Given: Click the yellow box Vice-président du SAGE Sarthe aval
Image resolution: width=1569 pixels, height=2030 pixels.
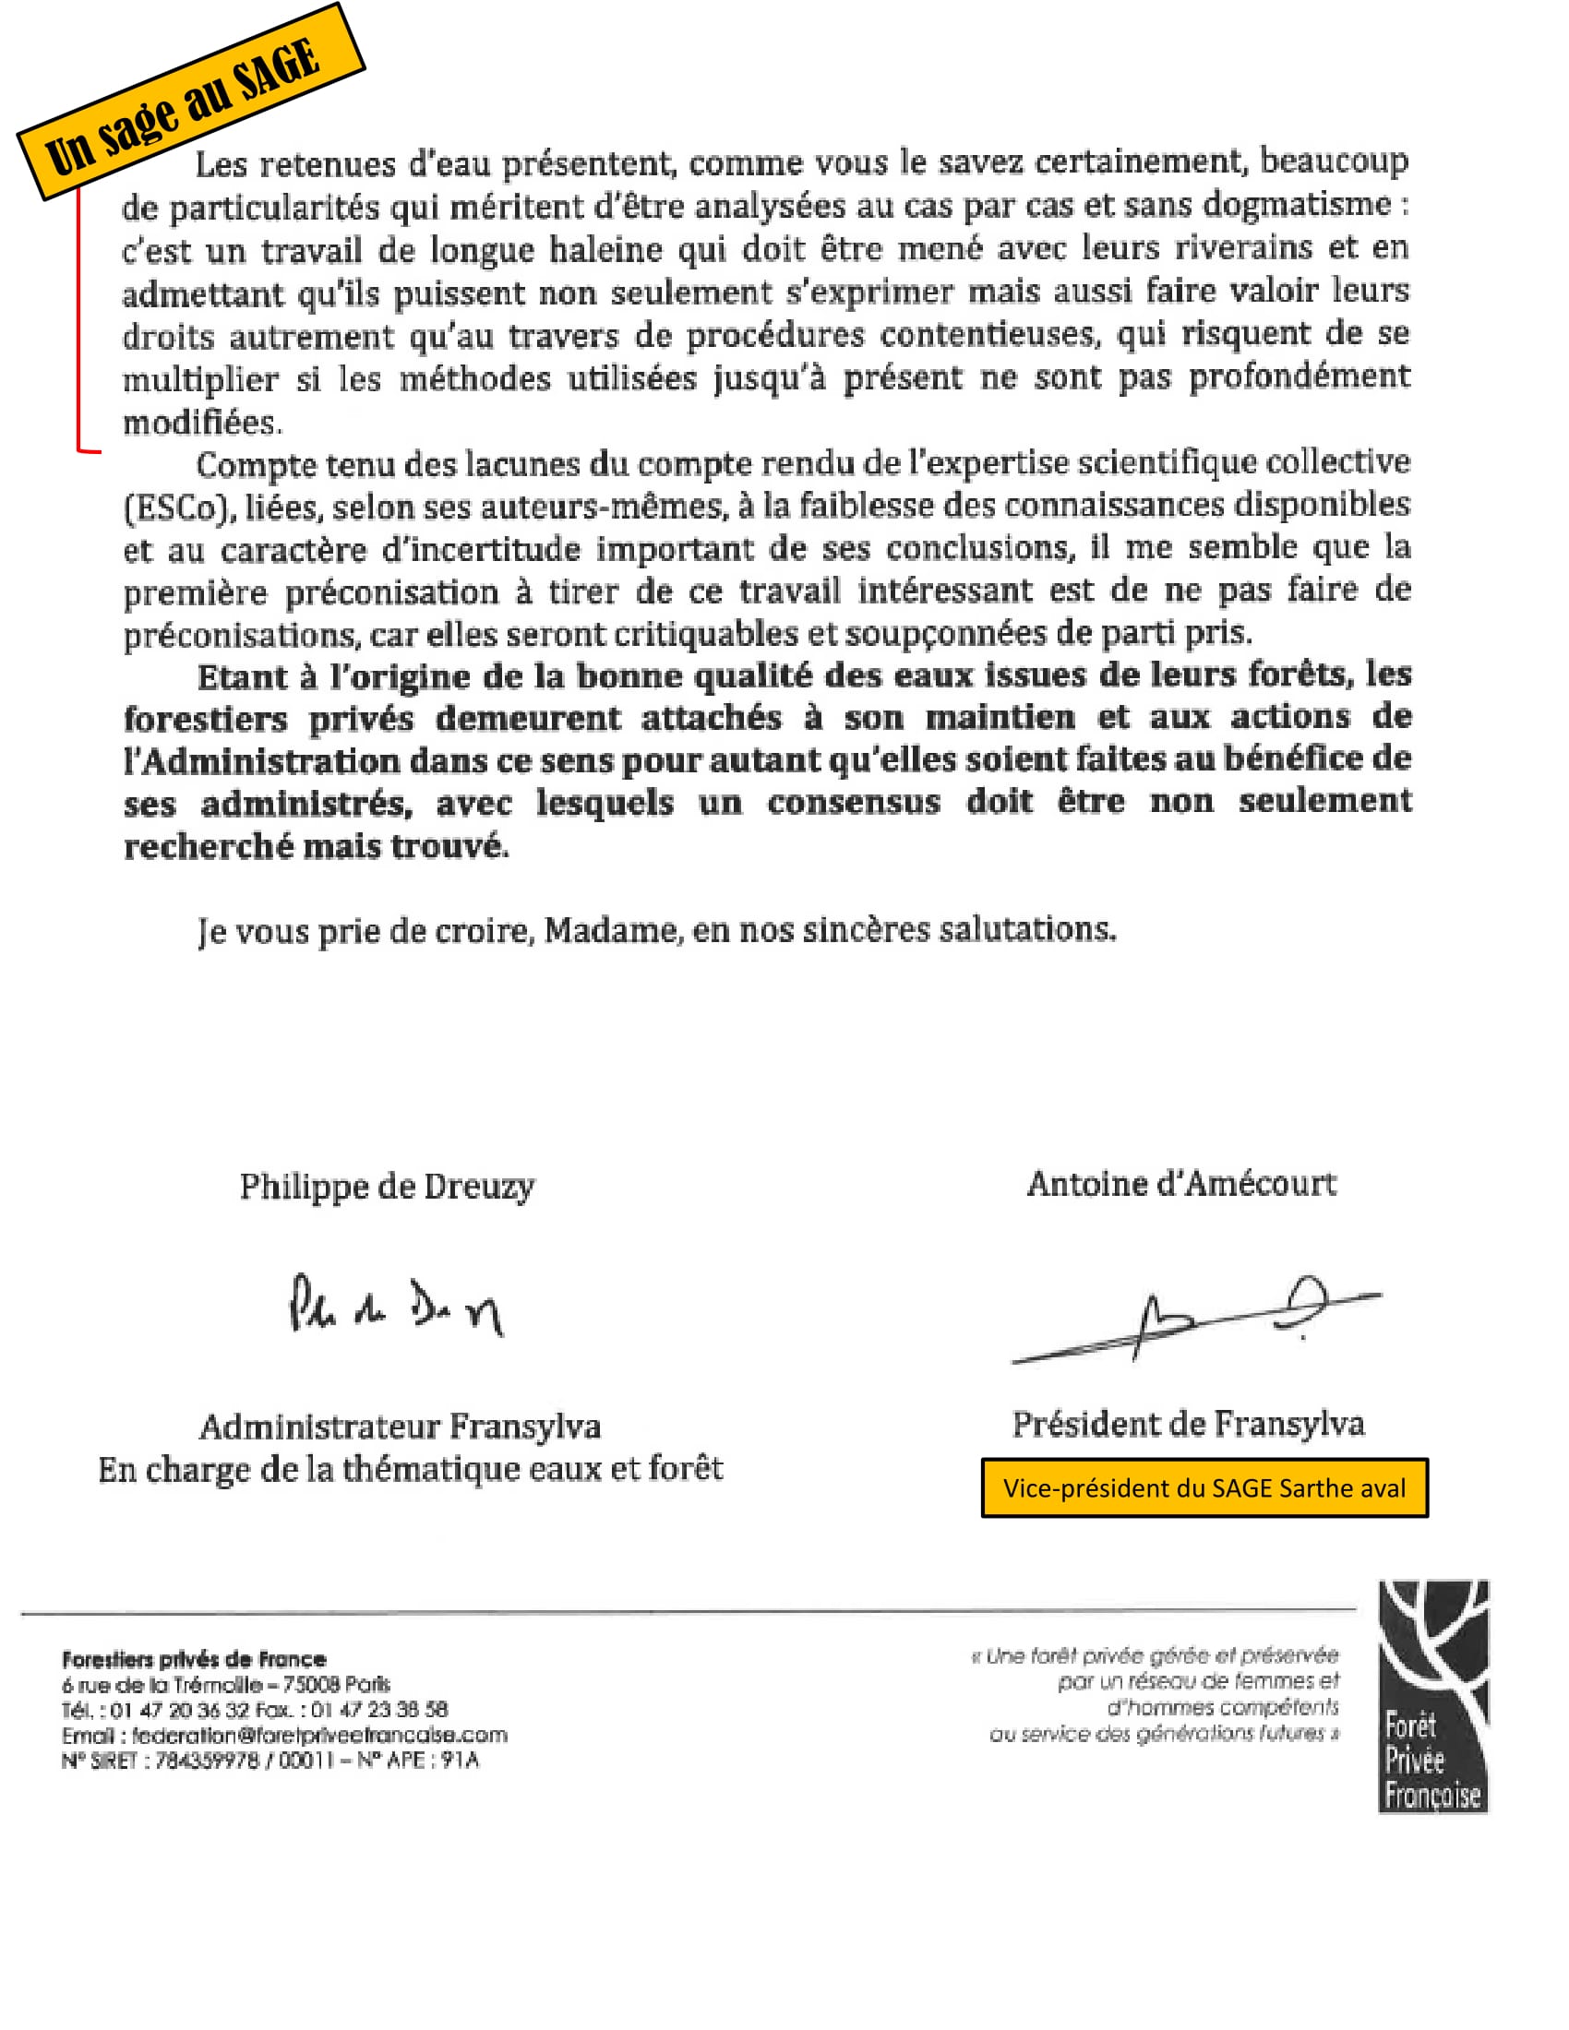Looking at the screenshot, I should (x=1204, y=1488).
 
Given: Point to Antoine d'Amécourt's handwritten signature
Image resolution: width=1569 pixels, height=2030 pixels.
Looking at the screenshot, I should (x=1199, y=1319).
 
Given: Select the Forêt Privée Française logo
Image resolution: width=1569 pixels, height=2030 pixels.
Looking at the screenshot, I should (x=1432, y=1695).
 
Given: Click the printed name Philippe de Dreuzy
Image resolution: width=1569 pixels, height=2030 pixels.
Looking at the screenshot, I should (x=387, y=1187).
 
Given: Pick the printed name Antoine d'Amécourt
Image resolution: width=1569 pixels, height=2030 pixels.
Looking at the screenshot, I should (x=1181, y=1184).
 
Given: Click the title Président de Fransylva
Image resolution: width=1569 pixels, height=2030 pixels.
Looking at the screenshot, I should (x=1188, y=1424).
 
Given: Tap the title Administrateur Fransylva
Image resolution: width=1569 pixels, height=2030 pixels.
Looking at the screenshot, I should (x=400, y=1427).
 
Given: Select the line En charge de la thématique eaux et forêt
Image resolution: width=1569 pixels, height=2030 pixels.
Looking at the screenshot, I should (x=410, y=1470).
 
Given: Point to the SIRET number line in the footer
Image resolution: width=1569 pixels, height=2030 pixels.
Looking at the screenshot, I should (x=269, y=1761).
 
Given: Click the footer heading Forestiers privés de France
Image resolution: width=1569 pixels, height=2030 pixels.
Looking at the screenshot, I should (x=193, y=1659).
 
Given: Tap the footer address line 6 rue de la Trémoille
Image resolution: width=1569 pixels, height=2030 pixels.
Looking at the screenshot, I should (x=226, y=1684).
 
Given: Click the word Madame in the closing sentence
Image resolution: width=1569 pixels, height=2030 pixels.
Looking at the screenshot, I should (x=611, y=930).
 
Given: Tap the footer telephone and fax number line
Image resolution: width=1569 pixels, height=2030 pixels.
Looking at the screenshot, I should (x=255, y=1709).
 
